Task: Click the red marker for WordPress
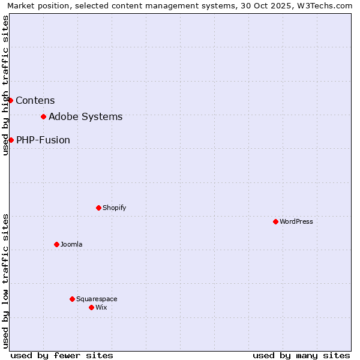click(x=275, y=221)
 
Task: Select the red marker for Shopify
click(x=98, y=208)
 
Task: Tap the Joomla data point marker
click(x=56, y=244)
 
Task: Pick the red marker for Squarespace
click(x=72, y=299)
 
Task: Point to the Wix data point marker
click(x=91, y=307)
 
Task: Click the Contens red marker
click(x=10, y=100)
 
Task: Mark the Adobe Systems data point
click(x=43, y=116)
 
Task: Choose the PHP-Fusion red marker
click(x=11, y=140)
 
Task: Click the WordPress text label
click(x=296, y=221)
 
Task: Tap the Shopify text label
click(x=114, y=208)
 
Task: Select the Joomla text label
click(x=71, y=244)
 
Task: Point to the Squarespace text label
click(x=97, y=299)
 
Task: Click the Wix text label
click(x=101, y=307)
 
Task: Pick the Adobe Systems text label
click(x=85, y=116)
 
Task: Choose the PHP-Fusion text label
click(x=43, y=140)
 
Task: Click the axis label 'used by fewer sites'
click(x=62, y=355)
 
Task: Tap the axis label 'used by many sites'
click(x=301, y=355)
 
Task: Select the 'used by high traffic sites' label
click(x=5, y=85)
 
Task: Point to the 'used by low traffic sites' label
click(x=5, y=280)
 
